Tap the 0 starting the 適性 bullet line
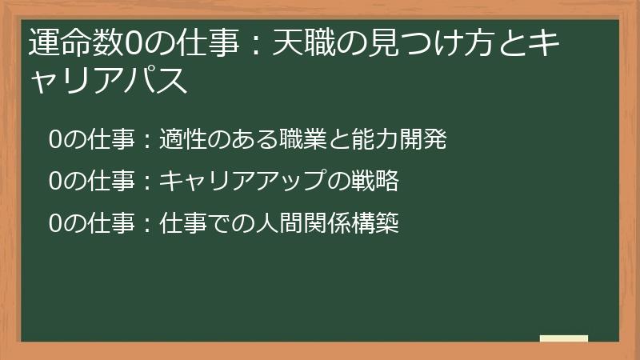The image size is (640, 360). click(55, 140)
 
